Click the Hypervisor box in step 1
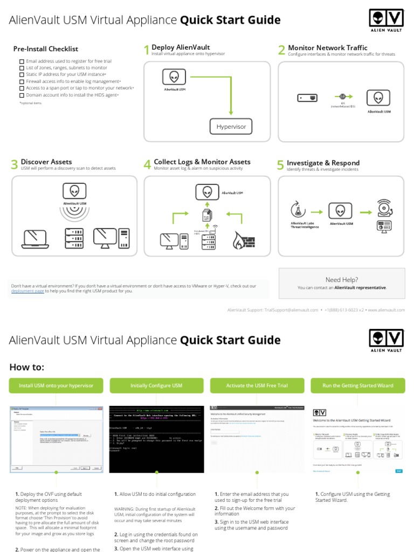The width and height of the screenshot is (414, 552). point(231,127)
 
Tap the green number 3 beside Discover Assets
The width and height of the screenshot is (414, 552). point(15,165)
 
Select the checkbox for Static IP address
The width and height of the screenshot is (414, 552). point(22,75)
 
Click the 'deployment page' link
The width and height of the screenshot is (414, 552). point(27,291)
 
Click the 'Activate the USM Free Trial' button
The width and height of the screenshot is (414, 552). point(256,385)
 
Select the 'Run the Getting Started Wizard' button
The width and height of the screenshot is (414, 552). point(357,385)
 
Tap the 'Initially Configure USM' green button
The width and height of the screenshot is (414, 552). point(156,385)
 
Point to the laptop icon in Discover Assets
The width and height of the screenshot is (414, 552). point(34,238)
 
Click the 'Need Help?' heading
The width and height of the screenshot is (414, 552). point(342,280)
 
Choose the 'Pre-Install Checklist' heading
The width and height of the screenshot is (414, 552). point(46,49)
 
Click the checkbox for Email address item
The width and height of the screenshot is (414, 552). point(22,61)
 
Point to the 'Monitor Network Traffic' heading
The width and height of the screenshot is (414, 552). point(328,47)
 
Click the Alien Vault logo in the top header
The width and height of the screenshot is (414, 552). point(386,21)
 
